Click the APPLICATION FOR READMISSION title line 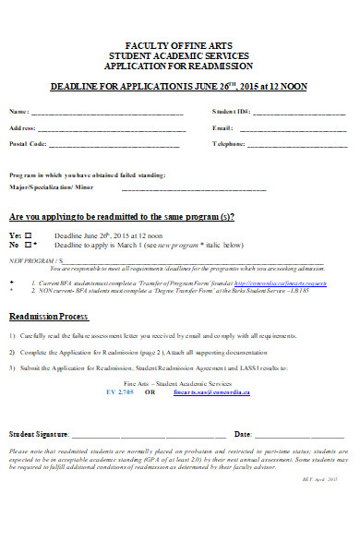tap(180, 66)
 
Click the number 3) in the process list tap(12, 368)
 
